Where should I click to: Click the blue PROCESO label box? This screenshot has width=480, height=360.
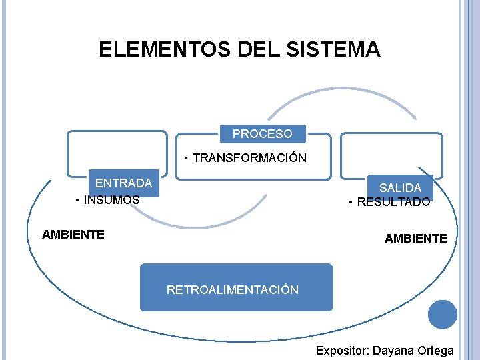tap(263, 134)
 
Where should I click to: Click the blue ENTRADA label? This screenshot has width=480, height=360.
tap(124, 183)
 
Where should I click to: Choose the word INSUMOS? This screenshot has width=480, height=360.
tap(111, 199)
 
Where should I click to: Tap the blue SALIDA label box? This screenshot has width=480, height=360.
tap(400, 188)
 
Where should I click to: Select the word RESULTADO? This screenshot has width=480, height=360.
tap(393, 202)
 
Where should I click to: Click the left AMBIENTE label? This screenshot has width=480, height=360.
tap(73, 235)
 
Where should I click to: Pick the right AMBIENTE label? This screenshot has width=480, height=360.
tap(415, 238)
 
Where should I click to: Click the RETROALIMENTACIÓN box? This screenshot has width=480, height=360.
tap(235, 288)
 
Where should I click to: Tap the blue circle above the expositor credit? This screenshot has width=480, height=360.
tap(443, 314)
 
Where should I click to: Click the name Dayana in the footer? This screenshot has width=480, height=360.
tap(395, 351)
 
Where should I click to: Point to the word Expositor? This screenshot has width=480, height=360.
tap(342, 351)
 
